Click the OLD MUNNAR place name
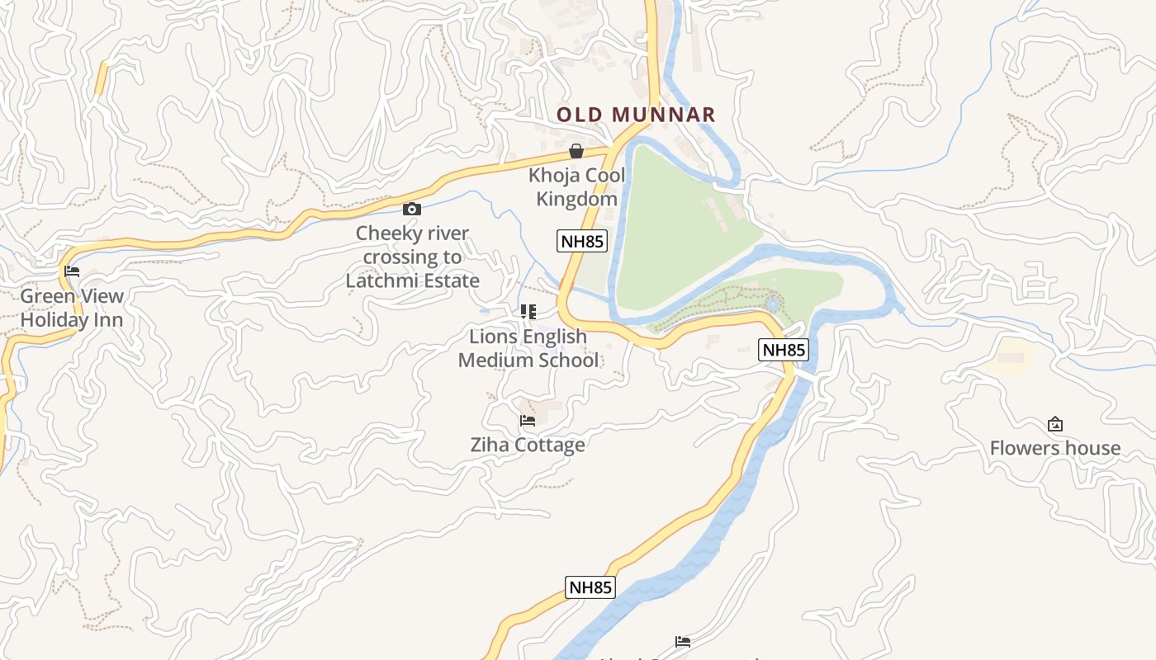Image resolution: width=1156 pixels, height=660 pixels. [x=635, y=115]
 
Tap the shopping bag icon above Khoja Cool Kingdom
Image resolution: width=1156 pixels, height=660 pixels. [x=576, y=151]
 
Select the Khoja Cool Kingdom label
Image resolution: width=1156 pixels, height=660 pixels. [x=576, y=187]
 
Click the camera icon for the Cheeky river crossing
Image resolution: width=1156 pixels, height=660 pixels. [x=412, y=210]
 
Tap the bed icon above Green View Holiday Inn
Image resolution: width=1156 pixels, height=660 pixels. [x=72, y=271]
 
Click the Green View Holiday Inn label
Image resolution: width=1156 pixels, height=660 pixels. [x=72, y=308]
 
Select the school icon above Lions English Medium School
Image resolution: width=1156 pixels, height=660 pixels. [x=528, y=312]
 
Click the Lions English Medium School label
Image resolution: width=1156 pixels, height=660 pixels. [x=528, y=348]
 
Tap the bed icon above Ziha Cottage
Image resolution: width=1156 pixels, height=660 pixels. [x=528, y=421]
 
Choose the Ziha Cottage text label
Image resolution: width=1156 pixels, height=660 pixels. [x=528, y=445]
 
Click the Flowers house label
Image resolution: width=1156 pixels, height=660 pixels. [x=1054, y=448]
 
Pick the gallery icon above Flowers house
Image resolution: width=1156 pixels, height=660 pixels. [x=1054, y=425]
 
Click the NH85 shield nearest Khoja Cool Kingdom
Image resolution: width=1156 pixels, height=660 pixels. [x=581, y=241]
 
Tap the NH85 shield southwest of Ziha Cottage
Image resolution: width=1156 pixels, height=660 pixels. [x=590, y=587]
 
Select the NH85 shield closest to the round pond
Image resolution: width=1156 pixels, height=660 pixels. [x=783, y=350]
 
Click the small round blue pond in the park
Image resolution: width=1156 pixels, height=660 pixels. [x=772, y=304]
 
